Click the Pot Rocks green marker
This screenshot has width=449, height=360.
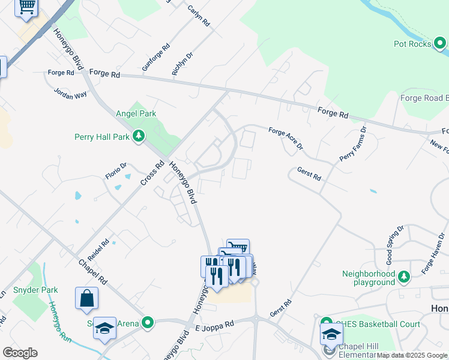point(440,43)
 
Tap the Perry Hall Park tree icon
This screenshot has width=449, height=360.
point(139,136)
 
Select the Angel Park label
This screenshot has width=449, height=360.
point(139,113)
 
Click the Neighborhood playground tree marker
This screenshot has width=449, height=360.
point(405,276)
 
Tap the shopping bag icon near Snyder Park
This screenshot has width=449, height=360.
point(86,298)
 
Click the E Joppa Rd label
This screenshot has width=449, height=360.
point(214,325)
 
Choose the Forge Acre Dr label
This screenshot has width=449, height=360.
point(286,139)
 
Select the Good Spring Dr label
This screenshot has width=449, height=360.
point(394,245)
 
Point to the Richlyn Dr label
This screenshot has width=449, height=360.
point(182,64)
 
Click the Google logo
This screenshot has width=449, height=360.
point(20,352)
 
